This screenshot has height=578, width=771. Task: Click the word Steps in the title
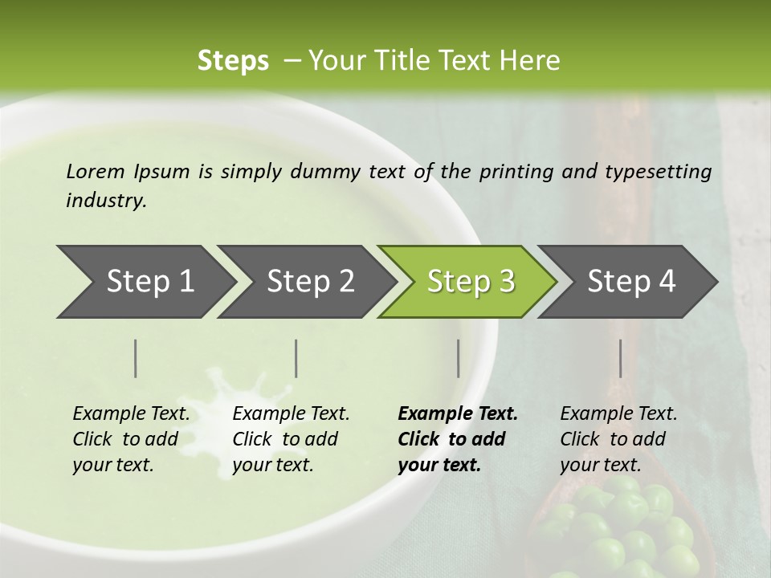pyautogui.click(x=233, y=61)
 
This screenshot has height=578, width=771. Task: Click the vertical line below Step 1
pyautogui.click(x=136, y=358)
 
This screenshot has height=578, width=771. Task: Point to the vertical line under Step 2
pyautogui.click(x=296, y=358)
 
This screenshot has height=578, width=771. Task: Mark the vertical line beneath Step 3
pyautogui.click(x=458, y=358)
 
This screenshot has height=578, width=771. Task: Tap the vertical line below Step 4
pyautogui.click(x=620, y=358)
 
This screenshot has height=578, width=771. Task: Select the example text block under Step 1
pyautogui.click(x=131, y=438)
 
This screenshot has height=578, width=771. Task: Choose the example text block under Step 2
pyautogui.click(x=291, y=438)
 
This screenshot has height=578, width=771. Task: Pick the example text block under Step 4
pyautogui.click(x=618, y=438)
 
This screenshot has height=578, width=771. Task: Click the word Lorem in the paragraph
pyautogui.click(x=95, y=172)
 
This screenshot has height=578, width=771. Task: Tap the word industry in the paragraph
pyautogui.click(x=106, y=201)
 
